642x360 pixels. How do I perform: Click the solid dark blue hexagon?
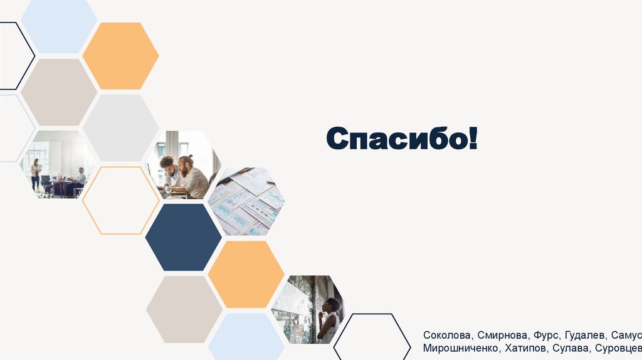pos(183,237)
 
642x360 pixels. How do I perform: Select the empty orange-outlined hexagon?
pos(120,201)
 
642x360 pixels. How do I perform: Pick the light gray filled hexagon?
pos(120,128)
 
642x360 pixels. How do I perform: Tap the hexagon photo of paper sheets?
pos(246,201)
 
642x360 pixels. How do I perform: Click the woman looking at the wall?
pos(329,319)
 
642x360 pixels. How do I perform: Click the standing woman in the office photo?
pos(36,174)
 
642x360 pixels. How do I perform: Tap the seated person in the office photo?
pos(81,178)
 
